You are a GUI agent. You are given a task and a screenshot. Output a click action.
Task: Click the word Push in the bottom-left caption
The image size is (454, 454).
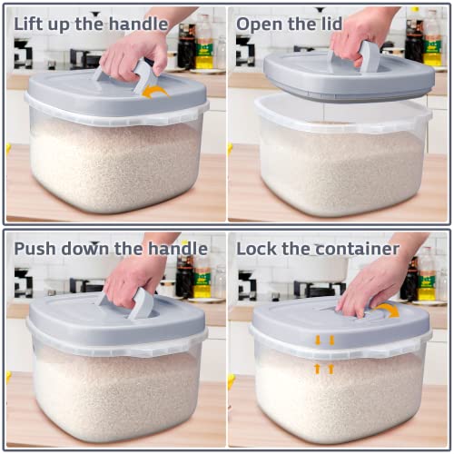pos(36,248)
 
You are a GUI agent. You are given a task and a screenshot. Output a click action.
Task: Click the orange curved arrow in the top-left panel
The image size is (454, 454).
pos(155,90)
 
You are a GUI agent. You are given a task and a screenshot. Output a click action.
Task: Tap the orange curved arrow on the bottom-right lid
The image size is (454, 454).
pos(389,311)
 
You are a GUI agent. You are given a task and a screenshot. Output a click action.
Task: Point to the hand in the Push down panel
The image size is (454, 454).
pos(132,277)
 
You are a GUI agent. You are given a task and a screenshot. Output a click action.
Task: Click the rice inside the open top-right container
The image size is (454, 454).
pos(340,168)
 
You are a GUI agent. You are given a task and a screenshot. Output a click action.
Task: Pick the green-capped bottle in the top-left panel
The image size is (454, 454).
pos(204,45)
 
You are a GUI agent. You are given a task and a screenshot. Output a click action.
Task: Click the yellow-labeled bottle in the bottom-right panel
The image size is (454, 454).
pos(426,272)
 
